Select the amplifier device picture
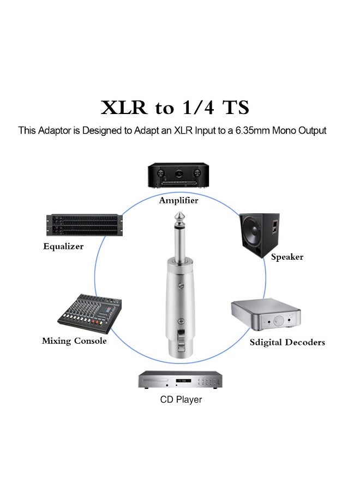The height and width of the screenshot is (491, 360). tap(178, 176)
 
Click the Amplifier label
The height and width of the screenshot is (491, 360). tap(178, 201)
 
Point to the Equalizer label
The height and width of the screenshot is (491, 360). tap(63, 247)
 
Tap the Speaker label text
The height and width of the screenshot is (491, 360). tap(287, 257)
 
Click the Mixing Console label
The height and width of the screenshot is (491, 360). tap(74, 341)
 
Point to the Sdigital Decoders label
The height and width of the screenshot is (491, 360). tap(287, 343)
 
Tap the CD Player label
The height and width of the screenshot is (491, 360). tap(181, 400)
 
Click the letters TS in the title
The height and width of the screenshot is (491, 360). tap(235, 107)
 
